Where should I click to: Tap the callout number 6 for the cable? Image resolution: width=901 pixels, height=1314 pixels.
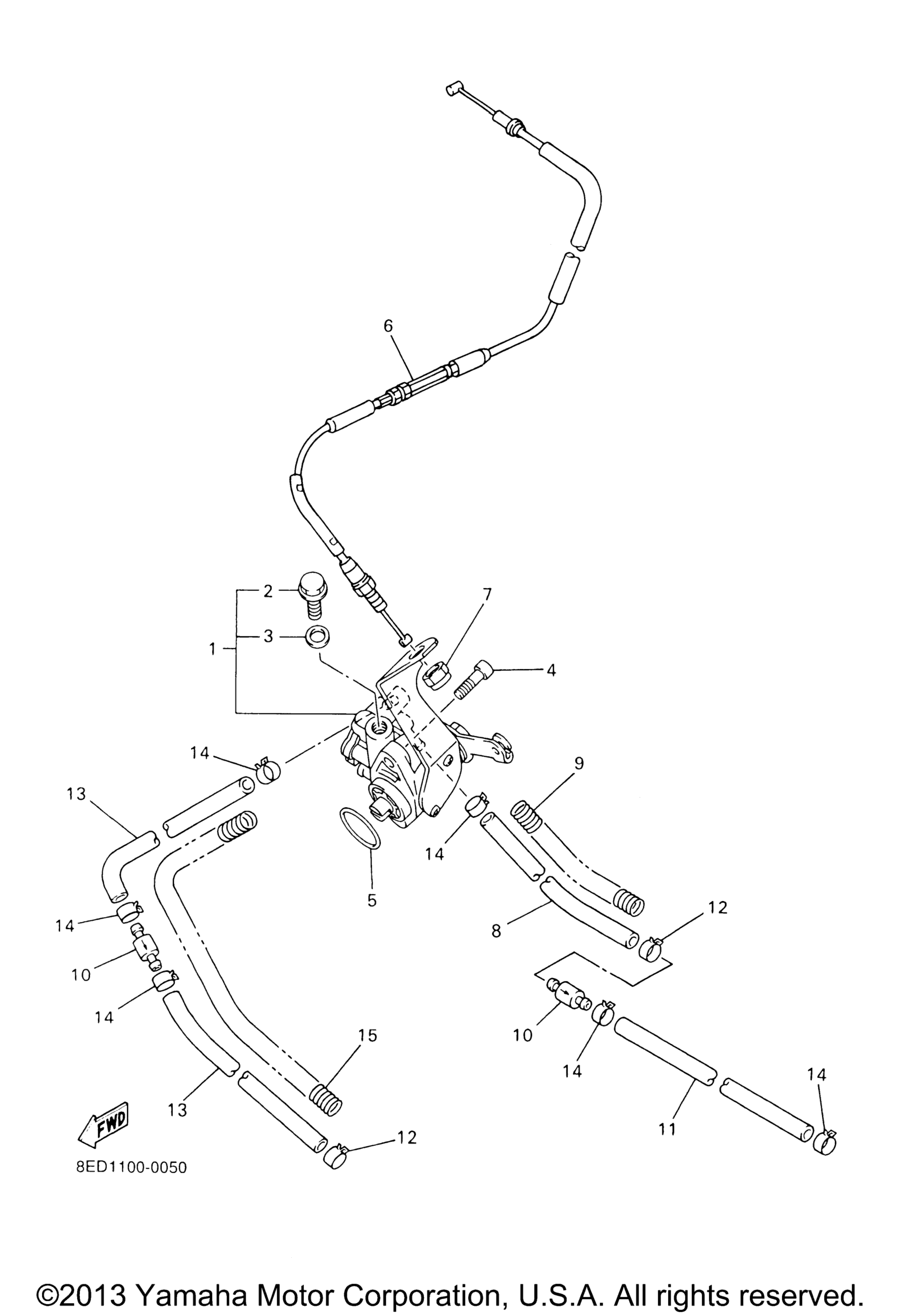pyautogui.click(x=388, y=326)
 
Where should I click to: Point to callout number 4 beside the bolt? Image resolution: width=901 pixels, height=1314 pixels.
pyautogui.click(x=551, y=671)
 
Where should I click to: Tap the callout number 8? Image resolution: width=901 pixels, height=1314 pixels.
pyautogui.click(x=496, y=931)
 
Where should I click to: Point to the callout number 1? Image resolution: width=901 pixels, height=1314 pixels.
pyautogui.click(x=212, y=649)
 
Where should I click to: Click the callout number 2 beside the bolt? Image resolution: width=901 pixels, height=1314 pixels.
pyautogui.click(x=268, y=591)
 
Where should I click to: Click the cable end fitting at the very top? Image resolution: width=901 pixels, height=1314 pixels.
pyautogui.click(x=453, y=88)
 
